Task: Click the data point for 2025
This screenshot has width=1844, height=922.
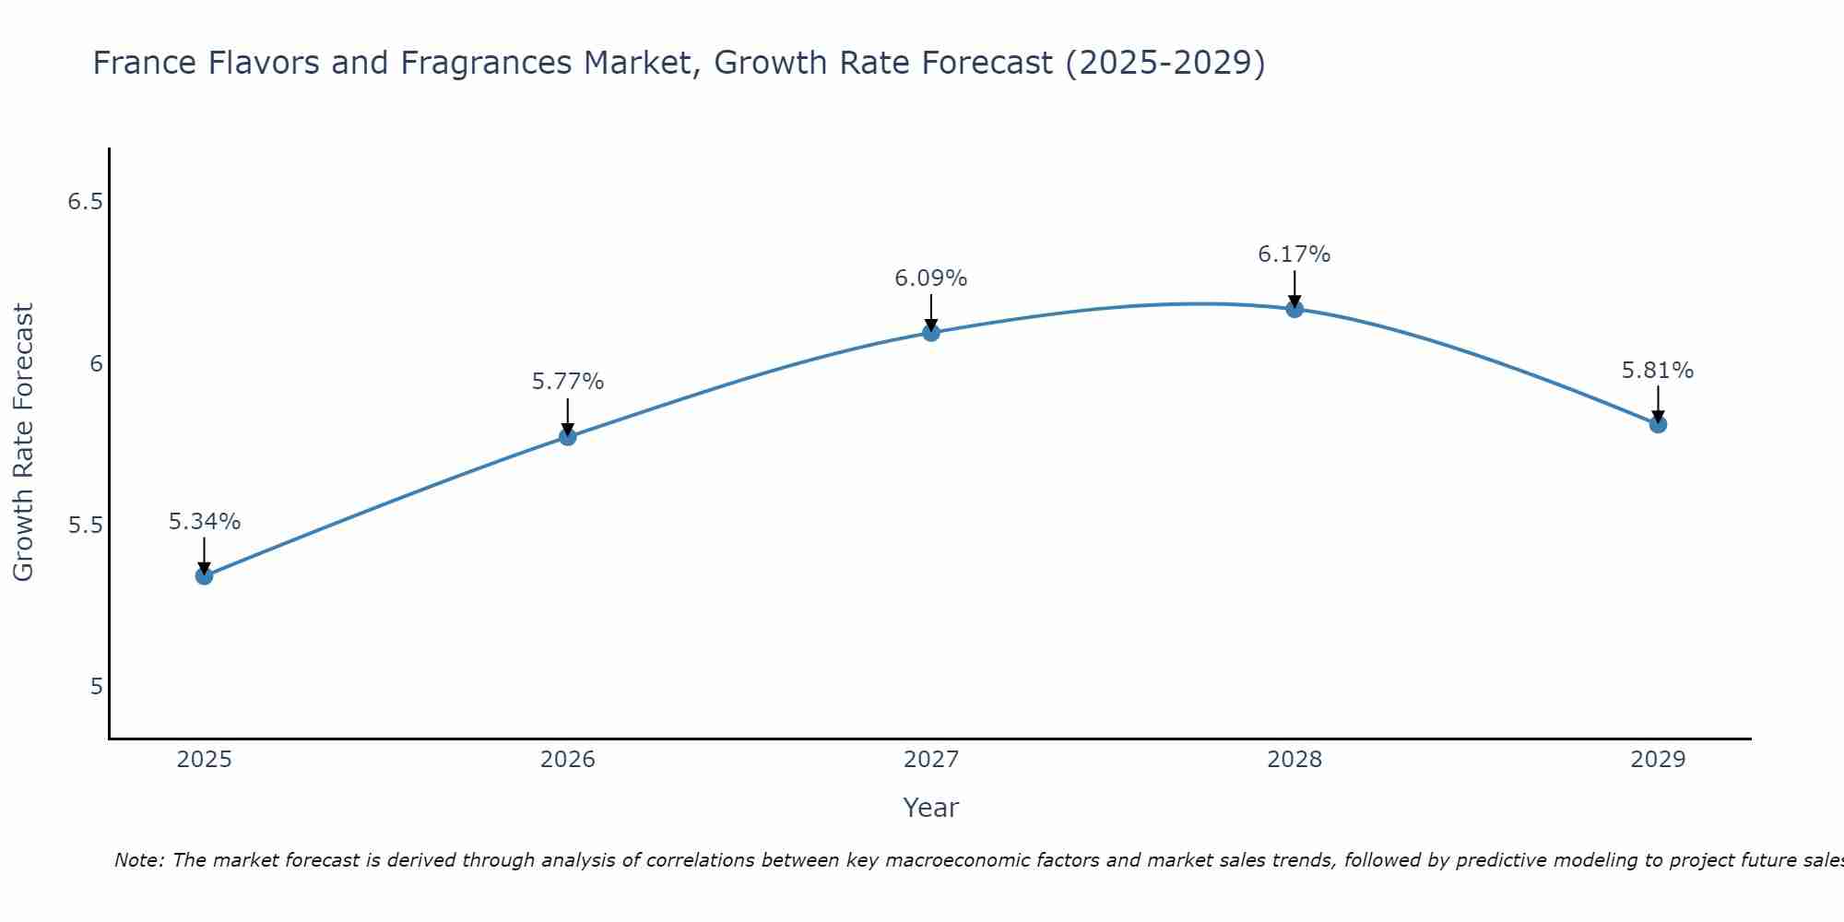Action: pos(204,576)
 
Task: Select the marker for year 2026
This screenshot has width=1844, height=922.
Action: pos(568,436)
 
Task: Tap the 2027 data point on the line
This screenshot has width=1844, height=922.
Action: pos(931,332)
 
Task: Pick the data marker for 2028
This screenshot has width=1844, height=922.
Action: pos(1294,309)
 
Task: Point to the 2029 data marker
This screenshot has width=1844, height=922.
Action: pos(1658,424)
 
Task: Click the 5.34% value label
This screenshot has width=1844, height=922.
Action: pos(205,522)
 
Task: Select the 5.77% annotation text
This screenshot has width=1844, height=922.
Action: pos(568,382)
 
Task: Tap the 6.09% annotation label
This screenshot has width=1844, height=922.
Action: pos(931,278)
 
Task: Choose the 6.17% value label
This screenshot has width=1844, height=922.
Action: pos(1294,254)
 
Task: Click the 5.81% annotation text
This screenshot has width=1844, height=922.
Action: pos(1658,371)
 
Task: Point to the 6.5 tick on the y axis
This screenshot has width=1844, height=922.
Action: pos(85,202)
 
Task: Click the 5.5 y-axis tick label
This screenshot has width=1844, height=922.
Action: pos(85,526)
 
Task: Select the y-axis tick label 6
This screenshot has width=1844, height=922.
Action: pos(96,364)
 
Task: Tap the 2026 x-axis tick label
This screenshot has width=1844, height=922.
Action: pos(568,760)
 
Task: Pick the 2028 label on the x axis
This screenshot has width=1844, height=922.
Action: pos(1294,760)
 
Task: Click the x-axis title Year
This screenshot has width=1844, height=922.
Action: pos(931,808)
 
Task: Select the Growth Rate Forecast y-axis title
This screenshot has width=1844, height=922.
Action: pos(24,443)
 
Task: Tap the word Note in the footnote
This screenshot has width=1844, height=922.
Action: pos(138,860)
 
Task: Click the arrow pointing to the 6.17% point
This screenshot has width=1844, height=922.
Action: pos(1294,289)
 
